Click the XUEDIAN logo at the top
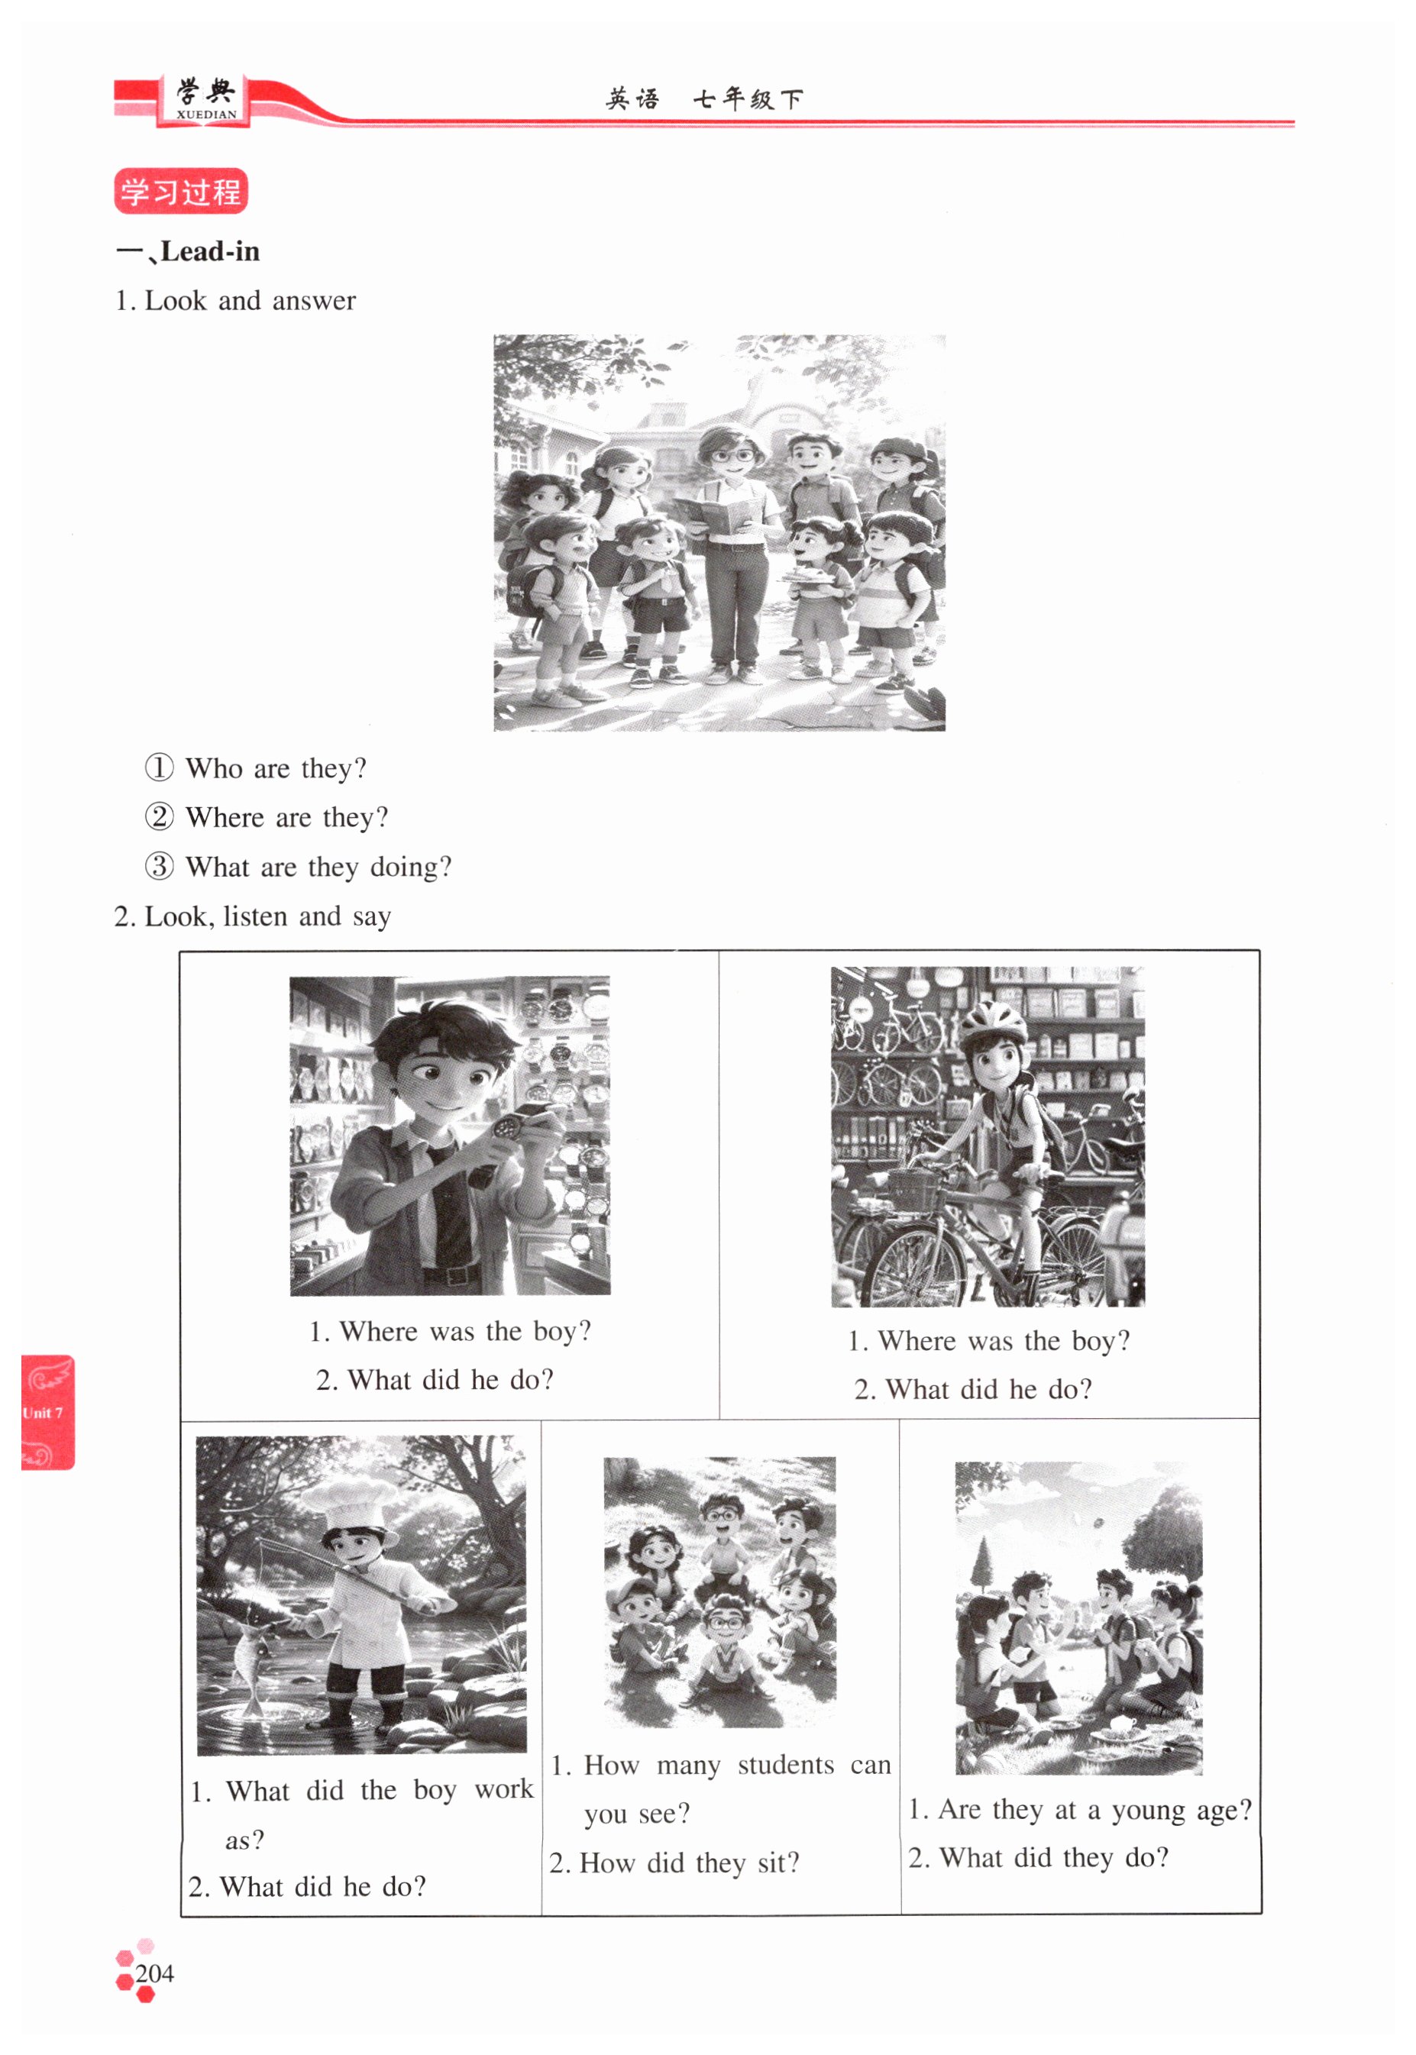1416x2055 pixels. coord(206,99)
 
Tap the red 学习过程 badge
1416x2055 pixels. coord(181,191)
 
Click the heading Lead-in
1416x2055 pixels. coord(210,252)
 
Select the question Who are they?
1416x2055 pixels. coord(276,768)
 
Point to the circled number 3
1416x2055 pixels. coord(159,866)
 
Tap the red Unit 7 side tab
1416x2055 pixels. coord(47,1412)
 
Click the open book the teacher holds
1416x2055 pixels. coord(719,515)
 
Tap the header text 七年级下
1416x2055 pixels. coord(748,99)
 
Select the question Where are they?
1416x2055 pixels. coord(286,817)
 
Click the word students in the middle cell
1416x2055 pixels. coord(785,1765)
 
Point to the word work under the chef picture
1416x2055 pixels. coord(504,1789)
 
